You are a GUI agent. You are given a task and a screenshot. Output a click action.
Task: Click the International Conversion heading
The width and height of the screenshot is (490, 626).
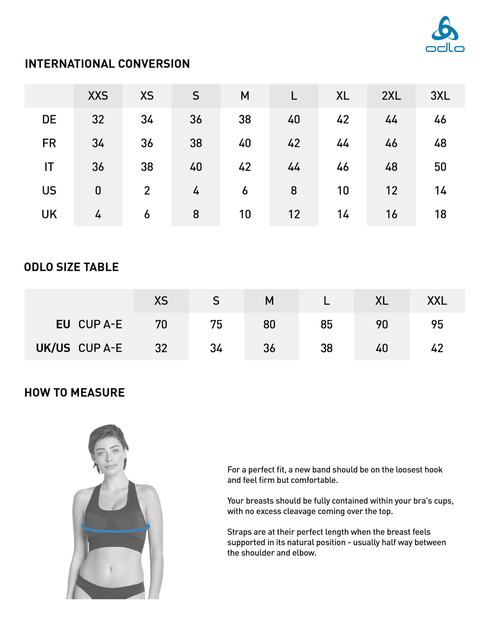pos(107,64)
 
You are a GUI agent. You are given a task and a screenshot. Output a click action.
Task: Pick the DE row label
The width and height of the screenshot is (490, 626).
pos(49,119)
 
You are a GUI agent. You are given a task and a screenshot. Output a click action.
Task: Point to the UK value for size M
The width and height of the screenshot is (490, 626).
pos(245,214)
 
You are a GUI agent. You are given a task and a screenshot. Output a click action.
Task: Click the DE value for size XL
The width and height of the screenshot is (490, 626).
pos(343,119)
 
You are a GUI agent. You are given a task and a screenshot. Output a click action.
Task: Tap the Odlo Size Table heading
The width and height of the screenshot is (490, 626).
pos(71,267)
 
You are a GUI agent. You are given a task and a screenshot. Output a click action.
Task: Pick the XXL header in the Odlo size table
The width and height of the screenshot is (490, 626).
pos(437,301)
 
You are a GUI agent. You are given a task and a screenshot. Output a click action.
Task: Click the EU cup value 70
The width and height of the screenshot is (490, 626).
pos(161,324)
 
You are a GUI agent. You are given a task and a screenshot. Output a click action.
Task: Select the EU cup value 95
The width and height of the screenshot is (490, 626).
pos(437,324)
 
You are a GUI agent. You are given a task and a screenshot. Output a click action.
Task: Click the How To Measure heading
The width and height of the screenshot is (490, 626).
pos(75,393)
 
